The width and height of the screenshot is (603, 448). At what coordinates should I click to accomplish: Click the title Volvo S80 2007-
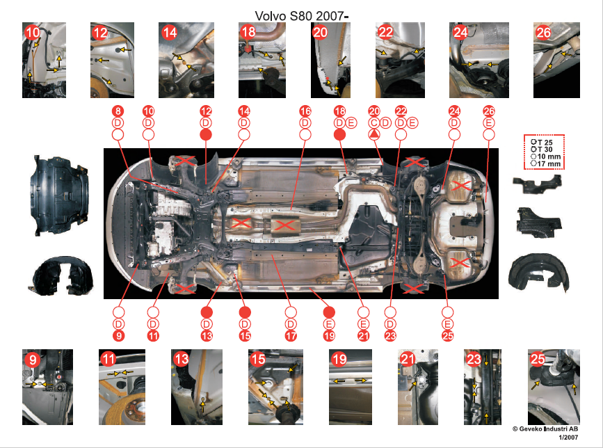(x=302, y=16)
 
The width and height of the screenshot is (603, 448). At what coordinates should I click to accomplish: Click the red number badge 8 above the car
(x=118, y=111)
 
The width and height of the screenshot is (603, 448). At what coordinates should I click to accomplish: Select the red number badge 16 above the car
(x=305, y=111)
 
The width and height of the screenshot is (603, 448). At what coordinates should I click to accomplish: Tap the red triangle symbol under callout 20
(x=373, y=134)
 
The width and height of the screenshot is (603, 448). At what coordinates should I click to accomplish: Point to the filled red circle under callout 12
(x=206, y=134)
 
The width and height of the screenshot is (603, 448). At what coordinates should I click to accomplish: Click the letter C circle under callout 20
(x=373, y=123)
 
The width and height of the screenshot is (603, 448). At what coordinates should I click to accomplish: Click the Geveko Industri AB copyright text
(x=545, y=429)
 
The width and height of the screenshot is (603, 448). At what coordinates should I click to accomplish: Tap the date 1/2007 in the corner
(x=568, y=438)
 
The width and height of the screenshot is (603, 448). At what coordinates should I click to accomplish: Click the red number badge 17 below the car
(x=291, y=336)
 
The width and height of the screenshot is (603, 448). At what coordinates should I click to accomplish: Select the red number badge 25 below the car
(x=448, y=336)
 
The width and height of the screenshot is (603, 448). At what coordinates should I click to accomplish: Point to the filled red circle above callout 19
(x=329, y=312)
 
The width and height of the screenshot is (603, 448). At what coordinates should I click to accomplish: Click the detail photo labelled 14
(x=186, y=60)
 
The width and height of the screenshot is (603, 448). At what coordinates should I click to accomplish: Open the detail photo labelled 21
(x=417, y=387)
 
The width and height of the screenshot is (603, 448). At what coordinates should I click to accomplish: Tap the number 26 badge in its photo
(x=543, y=33)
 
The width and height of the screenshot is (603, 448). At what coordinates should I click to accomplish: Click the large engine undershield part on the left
(x=59, y=195)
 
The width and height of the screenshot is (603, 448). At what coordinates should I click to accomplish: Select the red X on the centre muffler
(x=284, y=225)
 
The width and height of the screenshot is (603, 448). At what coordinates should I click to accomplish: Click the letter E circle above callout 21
(x=363, y=323)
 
